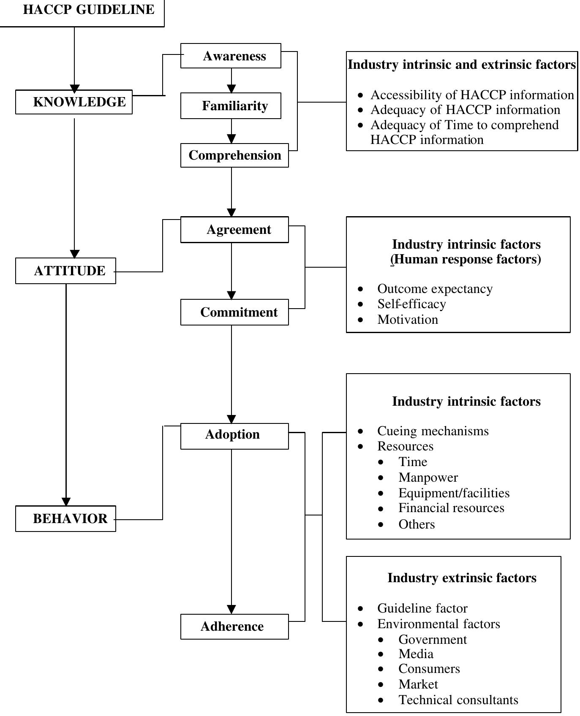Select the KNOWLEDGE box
pyautogui.click(x=74, y=102)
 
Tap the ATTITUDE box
pyautogui.click(x=65, y=271)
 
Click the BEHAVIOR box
pyautogui.click(x=65, y=518)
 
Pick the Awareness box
pyautogui.click(x=231, y=56)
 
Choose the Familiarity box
pyautogui.click(x=231, y=106)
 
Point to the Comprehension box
pyautogui.click(x=234, y=155)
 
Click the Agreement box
pyautogui.click(x=234, y=230)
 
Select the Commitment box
pyautogui.click(x=234, y=312)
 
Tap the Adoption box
pyautogui.click(x=234, y=435)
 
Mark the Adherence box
pyautogui.click(x=234, y=626)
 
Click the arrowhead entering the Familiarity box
pyautogui.click(x=231, y=89)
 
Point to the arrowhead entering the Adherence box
pyautogui.click(x=231, y=610)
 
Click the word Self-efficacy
pyautogui.click(x=411, y=304)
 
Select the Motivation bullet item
pyautogui.click(x=407, y=320)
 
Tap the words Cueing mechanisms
pyautogui.click(x=433, y=431)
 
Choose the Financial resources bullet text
pyautogui.click(x=451, y=508)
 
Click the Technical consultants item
pyautogui.click(x=458, y=700)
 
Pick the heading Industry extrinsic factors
pyautogui.click(x=462, y=578)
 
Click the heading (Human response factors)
pyautogui.click(x=466, y=259)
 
